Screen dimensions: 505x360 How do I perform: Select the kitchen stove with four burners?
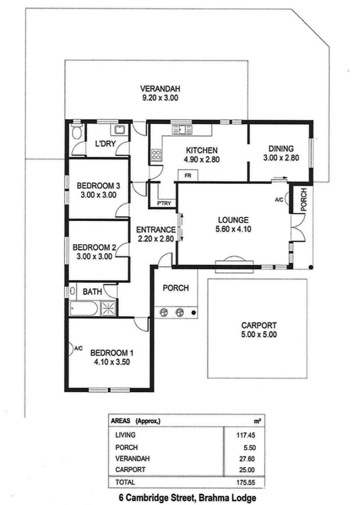pyautogui.click(x=157, y=155)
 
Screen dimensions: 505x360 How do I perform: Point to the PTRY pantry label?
pyautogui.click(x=164, y=204)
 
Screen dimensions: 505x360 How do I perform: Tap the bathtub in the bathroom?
pyautogui.click(x=83, y=308)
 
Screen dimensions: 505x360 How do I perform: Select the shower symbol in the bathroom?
pyautogui.click(x=109, y=308)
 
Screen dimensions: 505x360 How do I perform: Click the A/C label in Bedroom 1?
pyautogui.click(x=78, y=349)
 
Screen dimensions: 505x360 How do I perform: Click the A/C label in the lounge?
pyautogui.click(x=279, y=200)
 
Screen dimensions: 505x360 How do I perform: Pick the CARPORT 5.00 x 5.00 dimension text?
pyautogui.click(x=259, y=334)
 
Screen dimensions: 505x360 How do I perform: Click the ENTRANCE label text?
pyautogui.click(x=156, y=230)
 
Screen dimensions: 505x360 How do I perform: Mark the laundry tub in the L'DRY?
pyautogui.click(x=119, y=129)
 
